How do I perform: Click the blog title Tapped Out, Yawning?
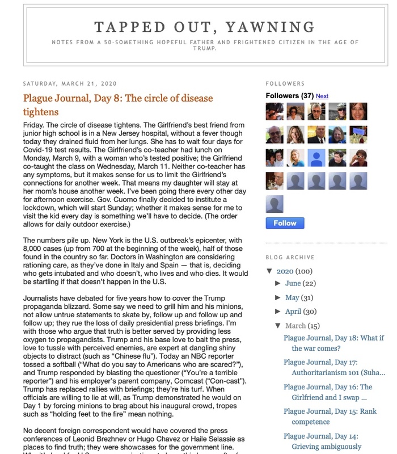coord(205,27)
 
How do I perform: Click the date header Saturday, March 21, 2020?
coord(69,83)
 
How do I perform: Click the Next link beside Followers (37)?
coord(322,96)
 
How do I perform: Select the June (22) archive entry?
coord(301,283)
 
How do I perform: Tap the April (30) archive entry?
coord(301,312)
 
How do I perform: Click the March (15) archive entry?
coord(303,326)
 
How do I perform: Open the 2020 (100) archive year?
coord(295,271)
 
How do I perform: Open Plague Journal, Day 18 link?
coord(333,343)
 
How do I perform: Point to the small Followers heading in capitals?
coord(285,83)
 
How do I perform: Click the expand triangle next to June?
coord(278,283)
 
